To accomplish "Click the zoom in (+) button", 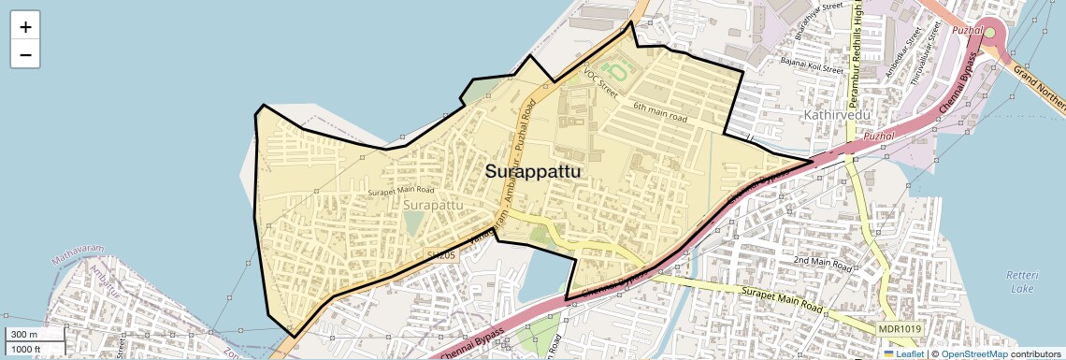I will click(x=25, y=26).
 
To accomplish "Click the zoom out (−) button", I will click(x=25, y=55).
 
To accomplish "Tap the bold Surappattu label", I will click(x=532, y=172).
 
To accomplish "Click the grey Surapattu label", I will click(x=433, y=203).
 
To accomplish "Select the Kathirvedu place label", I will click(x=837, y=114).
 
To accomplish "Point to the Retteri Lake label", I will click(x=1017, y=281).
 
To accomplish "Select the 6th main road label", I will click(x=660, y=113).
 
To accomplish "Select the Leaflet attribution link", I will click(x=906, y=353).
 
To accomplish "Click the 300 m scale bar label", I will click(x=24, y=335).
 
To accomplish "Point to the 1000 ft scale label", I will click(x=26, y=349).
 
